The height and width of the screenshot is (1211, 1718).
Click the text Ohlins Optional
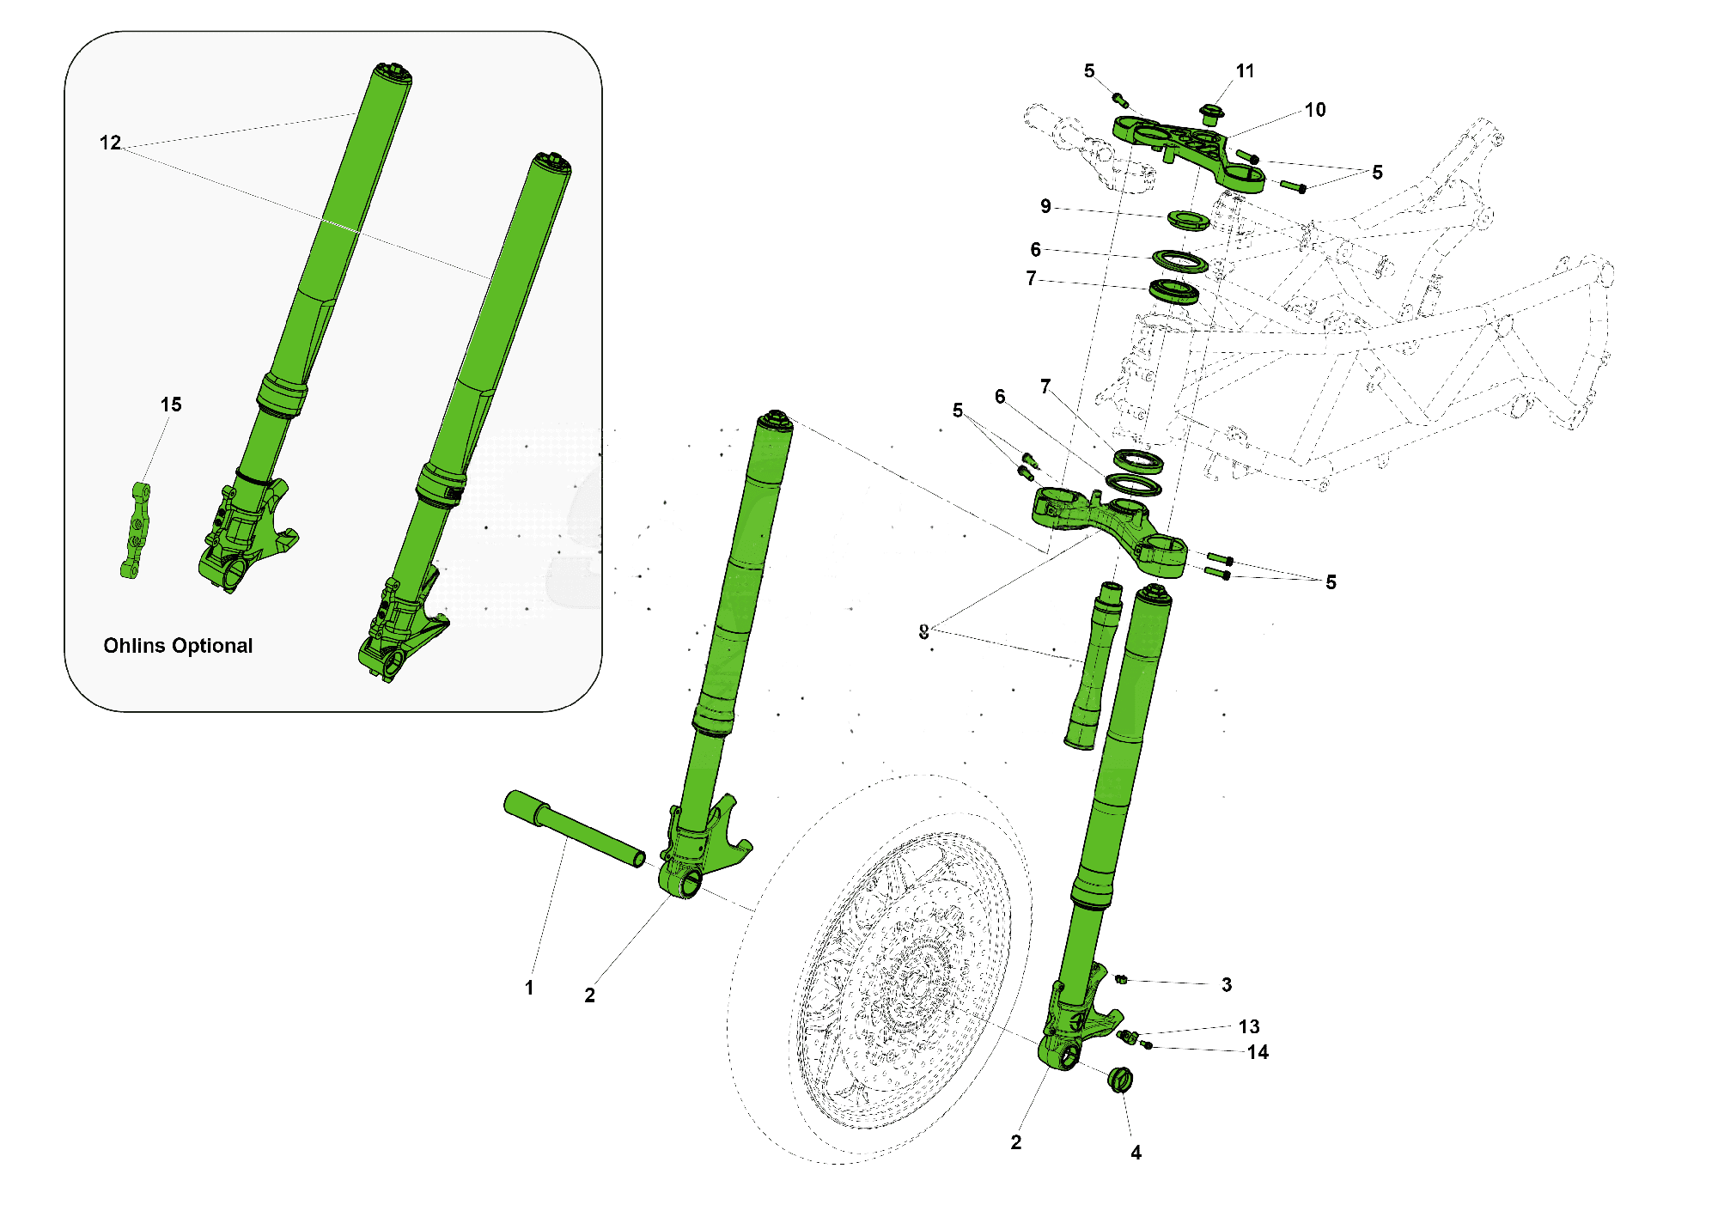[178, 646]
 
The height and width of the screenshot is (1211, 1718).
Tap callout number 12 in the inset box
[110, 143]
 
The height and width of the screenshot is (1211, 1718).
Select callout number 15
[171, 405]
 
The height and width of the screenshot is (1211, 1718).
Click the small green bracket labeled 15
[135, 531]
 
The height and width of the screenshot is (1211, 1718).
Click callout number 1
[529, 988]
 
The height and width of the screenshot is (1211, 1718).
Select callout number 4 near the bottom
[1136, 1153]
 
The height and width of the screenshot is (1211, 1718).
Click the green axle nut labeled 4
[1119, 1080]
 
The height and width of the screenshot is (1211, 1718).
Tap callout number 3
[1227, 985]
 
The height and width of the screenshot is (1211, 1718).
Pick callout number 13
[1249, 1026]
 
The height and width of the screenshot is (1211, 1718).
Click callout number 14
[1258, 1052]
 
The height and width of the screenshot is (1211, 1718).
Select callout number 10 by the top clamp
[1315, 110]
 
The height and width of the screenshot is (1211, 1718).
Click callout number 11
[1245, 71]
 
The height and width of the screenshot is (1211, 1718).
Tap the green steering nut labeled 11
[1210, 114]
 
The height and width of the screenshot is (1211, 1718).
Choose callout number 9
[1045, 206]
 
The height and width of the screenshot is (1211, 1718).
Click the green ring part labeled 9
[1189, 221]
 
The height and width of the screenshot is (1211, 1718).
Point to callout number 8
[923, 632]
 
